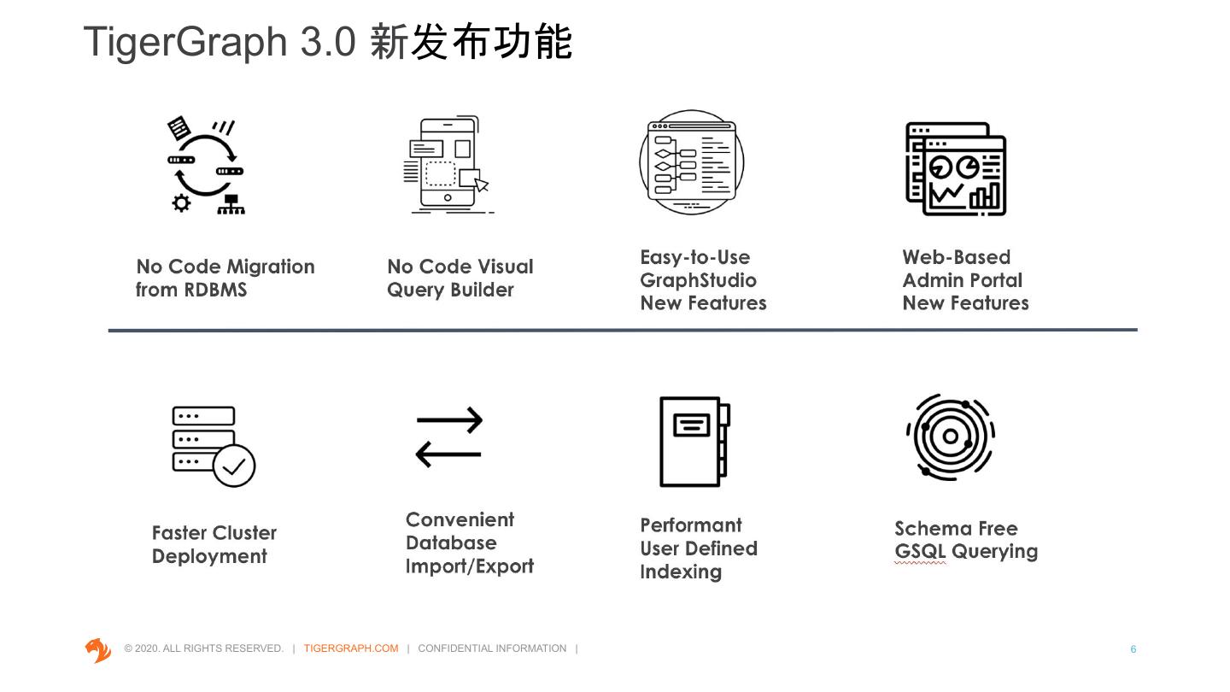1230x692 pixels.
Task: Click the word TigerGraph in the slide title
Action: tap(185, 42)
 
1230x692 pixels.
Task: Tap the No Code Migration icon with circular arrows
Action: tap(205, 166)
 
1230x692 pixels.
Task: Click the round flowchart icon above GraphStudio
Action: tap(691, 162)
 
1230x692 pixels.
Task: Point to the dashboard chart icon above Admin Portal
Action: tap(956, 168)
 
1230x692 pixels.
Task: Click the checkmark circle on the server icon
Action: tap(233, 466)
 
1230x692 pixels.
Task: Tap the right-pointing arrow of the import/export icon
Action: tap(449, 420)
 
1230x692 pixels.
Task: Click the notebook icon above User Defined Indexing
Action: tap(694, 441)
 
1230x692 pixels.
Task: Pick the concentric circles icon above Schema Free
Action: tap(951, 437)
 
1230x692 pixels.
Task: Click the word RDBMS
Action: tap(214, 290)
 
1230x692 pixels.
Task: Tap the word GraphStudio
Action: tap(698, 280)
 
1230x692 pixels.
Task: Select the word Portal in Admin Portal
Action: tap(993, 280)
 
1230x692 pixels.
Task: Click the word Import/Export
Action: tap(469, 566)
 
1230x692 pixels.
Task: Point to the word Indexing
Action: tap(680, 572)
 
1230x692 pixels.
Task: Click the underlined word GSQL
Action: tap(920, 552)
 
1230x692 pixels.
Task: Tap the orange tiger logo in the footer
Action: tap(98, 650)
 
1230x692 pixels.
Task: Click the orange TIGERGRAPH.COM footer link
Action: tap(350, 648)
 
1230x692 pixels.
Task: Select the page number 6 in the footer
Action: tap(1133, 649)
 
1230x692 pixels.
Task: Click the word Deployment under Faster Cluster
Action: tap(209, 556)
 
